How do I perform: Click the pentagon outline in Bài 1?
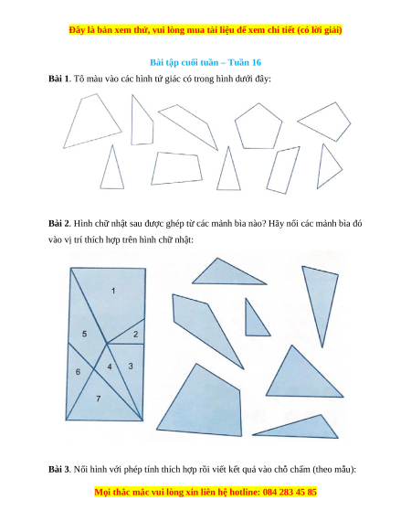point(258,103)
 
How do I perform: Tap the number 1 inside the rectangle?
point(113,291)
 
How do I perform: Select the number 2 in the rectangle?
point(136,335)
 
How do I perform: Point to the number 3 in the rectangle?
point(131,366)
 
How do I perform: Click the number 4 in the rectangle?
point(110,367)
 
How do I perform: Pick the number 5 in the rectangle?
point(84,334)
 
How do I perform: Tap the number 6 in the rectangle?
point(78,372)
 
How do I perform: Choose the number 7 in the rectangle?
point(99,399)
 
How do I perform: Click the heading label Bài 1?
point(58,79)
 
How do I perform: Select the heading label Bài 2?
point(58,224)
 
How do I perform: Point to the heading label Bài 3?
point(58,470)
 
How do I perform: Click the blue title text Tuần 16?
point(245,62)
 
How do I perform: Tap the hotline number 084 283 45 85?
point(290,492)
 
